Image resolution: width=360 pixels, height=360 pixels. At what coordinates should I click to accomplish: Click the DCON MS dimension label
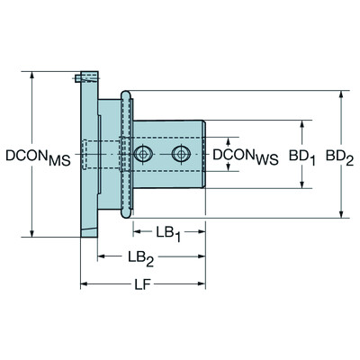(36, 156)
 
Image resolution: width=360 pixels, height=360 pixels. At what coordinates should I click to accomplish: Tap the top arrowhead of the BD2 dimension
(339, 94)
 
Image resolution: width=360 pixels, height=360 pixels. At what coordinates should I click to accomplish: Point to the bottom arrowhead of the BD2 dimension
(339, 214)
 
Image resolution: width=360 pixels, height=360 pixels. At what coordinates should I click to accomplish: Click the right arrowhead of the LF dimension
(203, 287)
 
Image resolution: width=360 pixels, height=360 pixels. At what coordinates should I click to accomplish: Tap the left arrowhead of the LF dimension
(84, 287)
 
